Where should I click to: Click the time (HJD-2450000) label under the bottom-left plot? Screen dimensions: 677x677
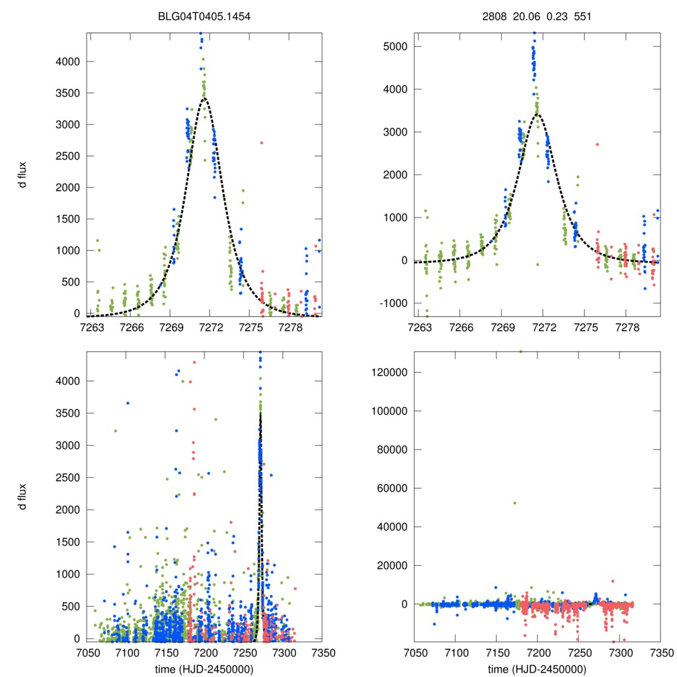coord(205,668)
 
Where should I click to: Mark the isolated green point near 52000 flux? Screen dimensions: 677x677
coord(514,503)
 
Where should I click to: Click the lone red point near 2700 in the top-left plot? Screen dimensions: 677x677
coord(262,143)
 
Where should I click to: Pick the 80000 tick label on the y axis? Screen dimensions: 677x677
coord(392,450)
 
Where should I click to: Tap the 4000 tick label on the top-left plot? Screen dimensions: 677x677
coord(66,61)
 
